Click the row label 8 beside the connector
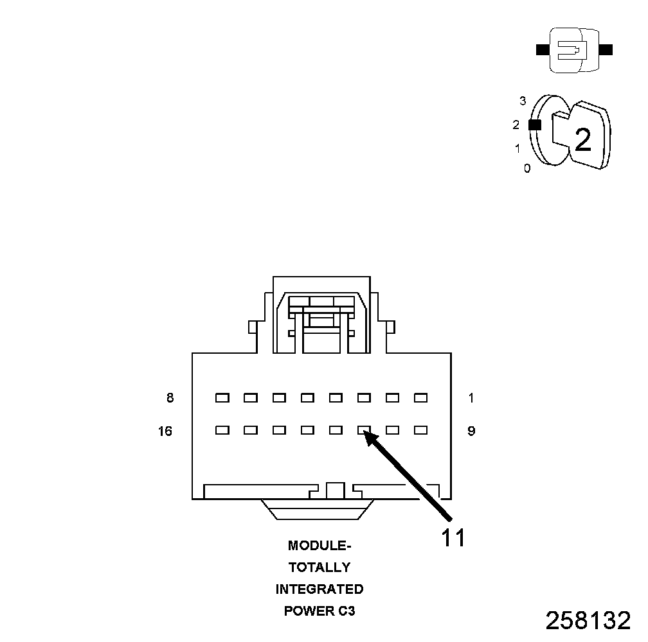click(x=170, y=398)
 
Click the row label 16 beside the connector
click(x=165, y=431)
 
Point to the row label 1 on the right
click(x=471, y=398)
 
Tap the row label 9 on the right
click(x=471, y=431)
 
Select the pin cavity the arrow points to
click(x=364, y=431)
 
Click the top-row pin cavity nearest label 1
click(x=420, y=398)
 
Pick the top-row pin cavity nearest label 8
click(x=222, y=398)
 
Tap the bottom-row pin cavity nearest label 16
click(x=222, y=431)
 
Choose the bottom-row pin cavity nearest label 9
click(x=420, y=431)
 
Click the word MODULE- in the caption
click(x=319, y=546)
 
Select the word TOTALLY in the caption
click(x=319, y=568)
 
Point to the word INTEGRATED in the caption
click(x=319, y=589)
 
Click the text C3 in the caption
click(x=346, y=611)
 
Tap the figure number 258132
click(x=588, y=621)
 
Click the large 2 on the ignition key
click(x=582, y=140)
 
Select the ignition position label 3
click(x=523, y=101)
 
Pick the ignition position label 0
click(x=527, y=169)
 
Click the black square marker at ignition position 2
click(x=534, y=125)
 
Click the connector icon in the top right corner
click(x=573, y=50)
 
